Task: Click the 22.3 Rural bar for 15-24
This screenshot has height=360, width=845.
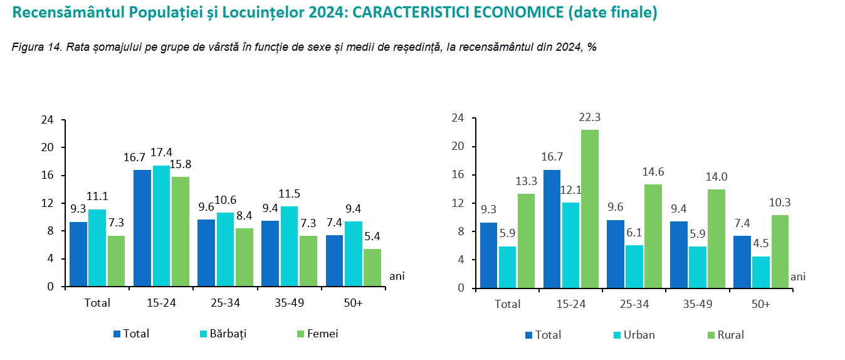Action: click(590, 209)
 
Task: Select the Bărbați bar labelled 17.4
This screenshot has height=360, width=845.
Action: click(161, 226)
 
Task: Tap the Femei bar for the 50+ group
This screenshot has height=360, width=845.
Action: click(372, 268)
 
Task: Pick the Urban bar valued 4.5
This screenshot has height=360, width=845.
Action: click(761, 272)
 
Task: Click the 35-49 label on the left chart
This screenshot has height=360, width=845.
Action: click(290, 303)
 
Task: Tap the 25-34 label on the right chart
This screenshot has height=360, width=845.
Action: click(634, 304)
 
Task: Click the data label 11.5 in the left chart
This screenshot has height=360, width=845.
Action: click(290, 194)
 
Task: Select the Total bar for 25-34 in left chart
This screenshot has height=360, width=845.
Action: click(206, 253)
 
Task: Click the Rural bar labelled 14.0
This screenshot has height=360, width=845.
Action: click(717, 238)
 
